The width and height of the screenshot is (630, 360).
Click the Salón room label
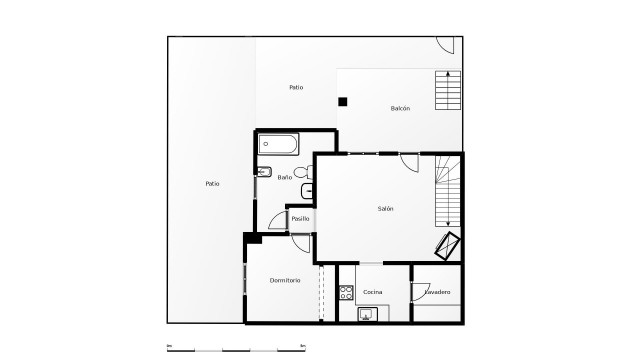point(385,209)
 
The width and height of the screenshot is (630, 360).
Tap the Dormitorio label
point(285,280)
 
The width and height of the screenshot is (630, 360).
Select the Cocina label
point(372,292)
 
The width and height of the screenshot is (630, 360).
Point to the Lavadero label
point(437,292)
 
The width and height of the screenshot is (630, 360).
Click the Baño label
point(285,177)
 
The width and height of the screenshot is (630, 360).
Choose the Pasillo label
point(300,218)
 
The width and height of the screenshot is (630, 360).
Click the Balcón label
point(400,108)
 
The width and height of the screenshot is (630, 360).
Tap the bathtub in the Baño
point(279,143)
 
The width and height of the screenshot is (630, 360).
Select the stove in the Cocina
point(346,293)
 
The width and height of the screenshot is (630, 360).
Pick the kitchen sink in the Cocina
point(366,316)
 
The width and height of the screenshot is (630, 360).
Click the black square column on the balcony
point(343,101)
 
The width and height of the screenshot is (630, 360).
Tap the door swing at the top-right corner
point(446,46)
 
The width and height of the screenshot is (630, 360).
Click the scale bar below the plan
point(235,348)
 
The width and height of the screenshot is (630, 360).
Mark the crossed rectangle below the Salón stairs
point(447,245)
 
